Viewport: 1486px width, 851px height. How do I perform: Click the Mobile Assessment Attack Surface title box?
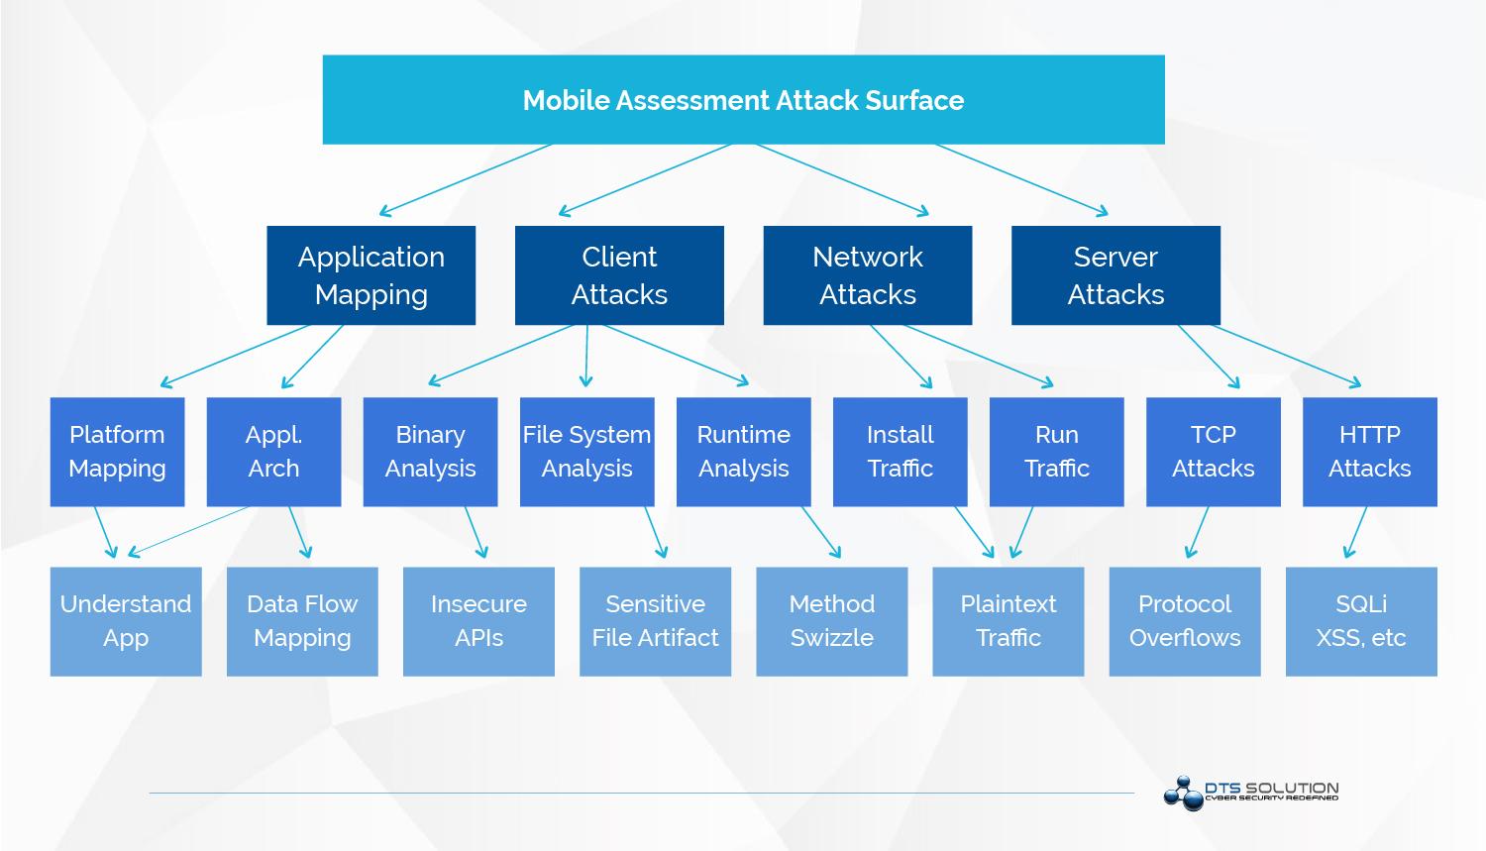pos(743,99)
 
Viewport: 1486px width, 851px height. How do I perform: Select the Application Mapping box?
pos(371,275)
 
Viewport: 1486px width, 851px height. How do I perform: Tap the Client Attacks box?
pos(619,275)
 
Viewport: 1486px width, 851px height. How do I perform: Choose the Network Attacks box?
pos(868,275)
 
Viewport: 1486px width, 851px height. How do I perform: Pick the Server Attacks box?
pos(1115,275)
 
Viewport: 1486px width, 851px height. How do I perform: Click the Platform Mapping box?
pos(118,452)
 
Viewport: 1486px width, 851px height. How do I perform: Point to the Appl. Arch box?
pos(274,452)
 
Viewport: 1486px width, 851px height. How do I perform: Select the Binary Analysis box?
pos(431,452)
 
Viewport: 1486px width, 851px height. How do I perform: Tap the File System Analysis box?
pos(587,452)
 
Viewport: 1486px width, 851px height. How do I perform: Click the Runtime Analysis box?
pos(744,452)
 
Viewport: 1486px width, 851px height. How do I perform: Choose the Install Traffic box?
pos(901,452)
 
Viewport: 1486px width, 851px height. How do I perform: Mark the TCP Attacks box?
pos(1214,452)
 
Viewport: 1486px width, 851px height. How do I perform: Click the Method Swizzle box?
pos(832,621)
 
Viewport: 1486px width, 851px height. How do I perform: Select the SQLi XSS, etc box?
pos(1361,621)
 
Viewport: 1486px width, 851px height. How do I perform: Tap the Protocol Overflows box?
pos(1185,621)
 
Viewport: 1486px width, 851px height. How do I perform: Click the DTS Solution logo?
pos(1251,793)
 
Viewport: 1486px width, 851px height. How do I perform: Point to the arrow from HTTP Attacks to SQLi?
pos(1356,532)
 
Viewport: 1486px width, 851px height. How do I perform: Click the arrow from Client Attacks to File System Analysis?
pos(586,356)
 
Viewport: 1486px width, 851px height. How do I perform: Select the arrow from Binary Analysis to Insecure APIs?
pos(476,532)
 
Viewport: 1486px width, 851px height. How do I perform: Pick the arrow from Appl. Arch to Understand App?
pos(188,531)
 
